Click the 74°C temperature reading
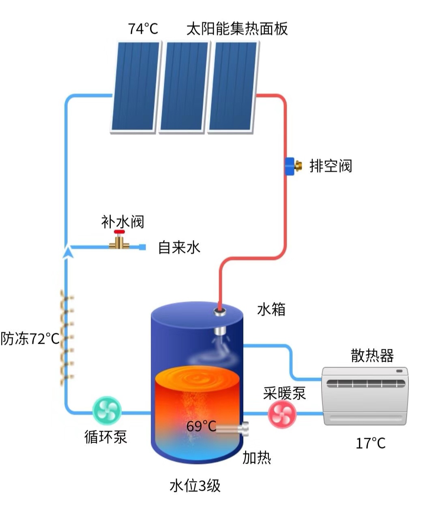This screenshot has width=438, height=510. [143, 29]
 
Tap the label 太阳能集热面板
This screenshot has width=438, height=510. [237, 29]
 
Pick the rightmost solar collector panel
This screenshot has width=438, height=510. [233, 86]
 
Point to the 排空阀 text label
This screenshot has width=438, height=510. [331, 166]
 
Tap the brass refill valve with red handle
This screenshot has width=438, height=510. [119, 241]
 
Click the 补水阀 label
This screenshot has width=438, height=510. [122, 222]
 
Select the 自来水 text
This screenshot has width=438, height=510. [179, 247]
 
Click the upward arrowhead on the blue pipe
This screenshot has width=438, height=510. [69, 252]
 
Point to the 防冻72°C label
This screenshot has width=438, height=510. [30, 339]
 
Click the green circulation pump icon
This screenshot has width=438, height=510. [107, 411]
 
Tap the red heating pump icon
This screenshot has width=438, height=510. [282, 414]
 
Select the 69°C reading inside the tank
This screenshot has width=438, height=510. [201, 426]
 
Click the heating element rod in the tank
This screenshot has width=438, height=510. [233, 429]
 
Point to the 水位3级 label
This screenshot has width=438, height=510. [195, 485]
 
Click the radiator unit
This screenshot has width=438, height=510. [365, 396]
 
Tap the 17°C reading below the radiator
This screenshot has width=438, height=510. [370, 444]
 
